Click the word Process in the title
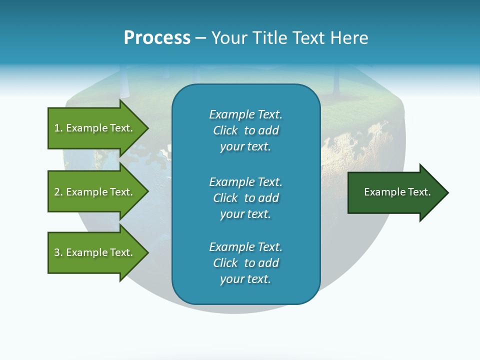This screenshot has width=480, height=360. coord(157,38)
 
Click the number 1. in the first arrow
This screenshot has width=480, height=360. coord(58,128)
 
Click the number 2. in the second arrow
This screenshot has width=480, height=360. coord(58,192)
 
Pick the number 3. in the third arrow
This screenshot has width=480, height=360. coord(58,252)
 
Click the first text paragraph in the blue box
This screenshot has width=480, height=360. coord(245,130)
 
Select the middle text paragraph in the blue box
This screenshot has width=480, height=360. coord(245,198)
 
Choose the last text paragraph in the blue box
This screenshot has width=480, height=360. coord(245,263)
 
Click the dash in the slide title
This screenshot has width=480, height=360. coord(200,38)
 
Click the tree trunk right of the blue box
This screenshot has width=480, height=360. coord(336,80)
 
